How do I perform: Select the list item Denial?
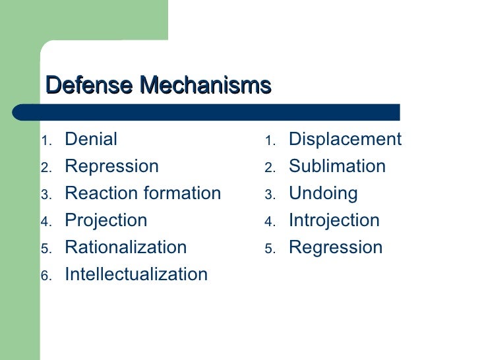pyautogui.click(x=91, y=139)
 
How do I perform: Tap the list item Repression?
pyautogui.click(x=111, y=166)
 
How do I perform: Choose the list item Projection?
pyautogui.click(x=105, y=220)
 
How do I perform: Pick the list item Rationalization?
pyautogui.click(x=125, y=247)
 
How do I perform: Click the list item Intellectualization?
pyautogui.click(x=136, y=274)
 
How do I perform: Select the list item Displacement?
pyautogui.click(x=345, y=139)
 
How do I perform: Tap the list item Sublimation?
pyautogui.click(x=337, y=166)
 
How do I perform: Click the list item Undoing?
pyautogui.click(x=323, y=193)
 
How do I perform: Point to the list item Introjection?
pyautogui.click(x=334, y=220)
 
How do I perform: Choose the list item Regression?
pyautogui.click(x=335, y=247)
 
